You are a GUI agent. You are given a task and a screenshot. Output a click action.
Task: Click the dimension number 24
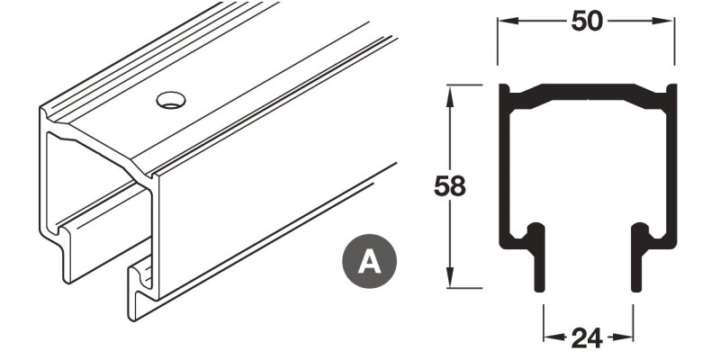(x=588, y=338)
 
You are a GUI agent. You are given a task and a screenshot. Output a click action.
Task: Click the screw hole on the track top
(x=168, y=100)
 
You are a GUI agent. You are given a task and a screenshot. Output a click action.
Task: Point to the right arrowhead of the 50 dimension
(x=670, y=22)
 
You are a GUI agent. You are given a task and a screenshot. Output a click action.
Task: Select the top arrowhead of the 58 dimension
(x=449, y=91)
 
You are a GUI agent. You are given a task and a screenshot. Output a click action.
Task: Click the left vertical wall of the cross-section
(x=504, y=171)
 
